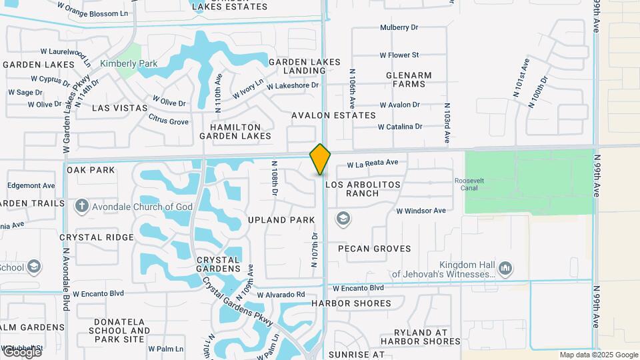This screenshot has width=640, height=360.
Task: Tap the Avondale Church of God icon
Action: coord(81,206)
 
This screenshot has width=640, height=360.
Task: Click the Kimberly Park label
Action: coord(128,64)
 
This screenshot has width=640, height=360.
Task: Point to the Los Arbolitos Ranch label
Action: coord(363,189)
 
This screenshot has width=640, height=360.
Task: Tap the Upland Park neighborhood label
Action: coord(281,220)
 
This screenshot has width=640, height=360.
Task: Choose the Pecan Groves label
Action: coord(374,249)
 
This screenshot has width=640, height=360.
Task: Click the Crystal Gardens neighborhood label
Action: coord(219,264)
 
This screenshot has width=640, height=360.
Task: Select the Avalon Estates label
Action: coord(333,115)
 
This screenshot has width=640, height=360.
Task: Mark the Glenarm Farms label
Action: coord(409,79)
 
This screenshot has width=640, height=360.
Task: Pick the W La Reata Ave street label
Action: coord(372,163)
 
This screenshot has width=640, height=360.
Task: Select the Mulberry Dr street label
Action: coord(399,27)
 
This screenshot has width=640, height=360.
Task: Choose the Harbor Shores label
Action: coord(351,303)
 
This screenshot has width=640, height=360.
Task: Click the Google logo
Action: coord(21,351)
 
